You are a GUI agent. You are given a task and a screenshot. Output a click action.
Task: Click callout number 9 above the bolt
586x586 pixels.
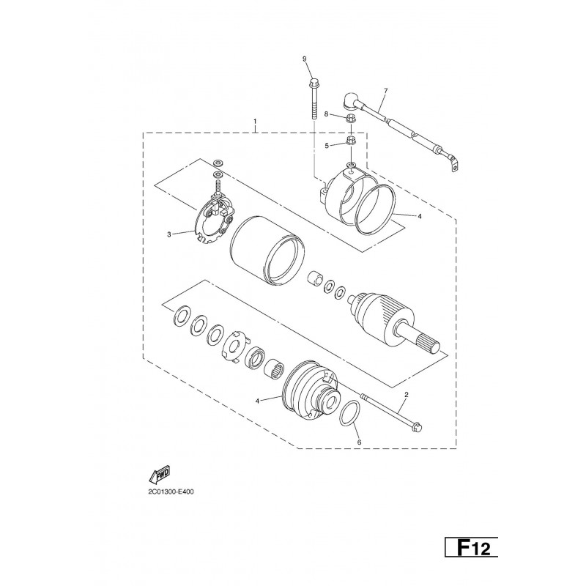click(304, 59)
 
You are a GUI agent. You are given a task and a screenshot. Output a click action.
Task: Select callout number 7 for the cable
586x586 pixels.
click(386, 90)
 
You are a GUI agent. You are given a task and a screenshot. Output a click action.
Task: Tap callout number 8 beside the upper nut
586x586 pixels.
click(326, 114)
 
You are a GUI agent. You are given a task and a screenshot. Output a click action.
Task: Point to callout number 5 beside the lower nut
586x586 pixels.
click(327, 146)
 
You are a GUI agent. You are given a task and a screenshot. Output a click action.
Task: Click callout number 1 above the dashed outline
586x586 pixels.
click(255, 122)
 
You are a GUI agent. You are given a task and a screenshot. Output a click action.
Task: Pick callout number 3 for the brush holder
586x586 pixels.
click(169, 234)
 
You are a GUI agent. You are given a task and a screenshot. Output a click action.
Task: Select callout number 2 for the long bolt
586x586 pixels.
click(407, 394)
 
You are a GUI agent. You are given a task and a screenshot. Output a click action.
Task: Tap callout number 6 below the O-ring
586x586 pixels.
click(360, 442)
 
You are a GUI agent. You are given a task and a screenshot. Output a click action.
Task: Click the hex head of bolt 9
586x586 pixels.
click(314, 81)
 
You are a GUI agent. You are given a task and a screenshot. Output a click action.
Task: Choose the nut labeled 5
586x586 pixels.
click(351, 141)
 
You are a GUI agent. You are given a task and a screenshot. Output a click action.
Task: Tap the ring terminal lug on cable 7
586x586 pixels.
click(453, 165)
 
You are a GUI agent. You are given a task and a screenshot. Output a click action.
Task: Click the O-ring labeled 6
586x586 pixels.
click(350, 413)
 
